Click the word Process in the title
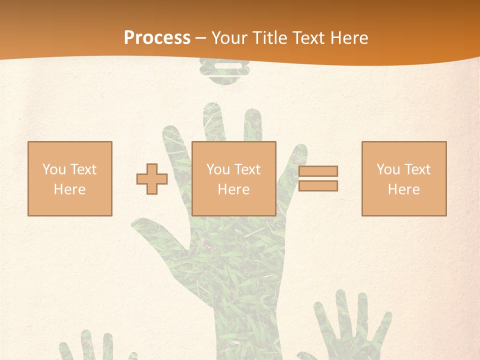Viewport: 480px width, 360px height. click(157, 38)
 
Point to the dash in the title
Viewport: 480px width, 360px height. click(201, 38)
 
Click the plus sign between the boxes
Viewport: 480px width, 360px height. click(152, 179)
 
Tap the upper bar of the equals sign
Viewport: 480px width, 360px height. click(318, 171)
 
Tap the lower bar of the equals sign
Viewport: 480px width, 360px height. click(318, 186)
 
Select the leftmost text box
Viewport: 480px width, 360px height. click(70, 178)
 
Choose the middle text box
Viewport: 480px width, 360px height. click(234, 178)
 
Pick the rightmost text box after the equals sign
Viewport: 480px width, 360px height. click(404, 178)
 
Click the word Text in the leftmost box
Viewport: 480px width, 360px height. click(83, 169)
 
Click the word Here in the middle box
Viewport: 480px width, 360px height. click(234, 189)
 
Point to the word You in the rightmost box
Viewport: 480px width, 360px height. click(388, 169)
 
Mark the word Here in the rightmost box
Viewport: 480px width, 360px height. click(404, 189)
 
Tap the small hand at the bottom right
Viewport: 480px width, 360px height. click(350, 330)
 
